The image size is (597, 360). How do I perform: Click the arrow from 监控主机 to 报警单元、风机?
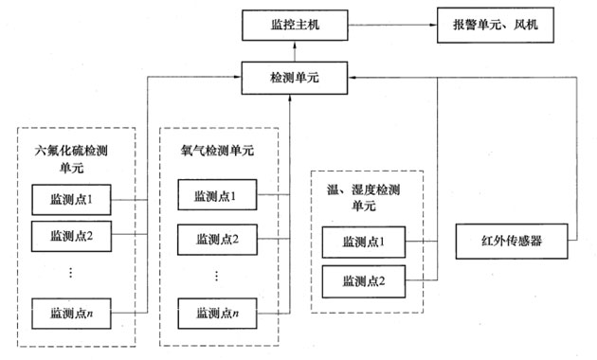click(389, 24)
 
